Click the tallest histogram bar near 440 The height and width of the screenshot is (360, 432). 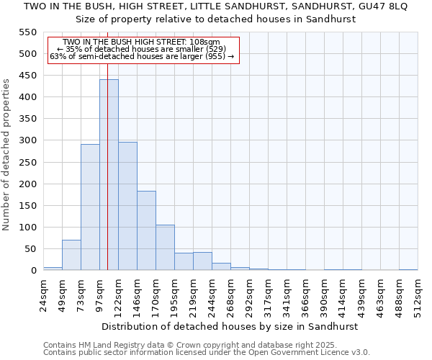[x=109, y=175]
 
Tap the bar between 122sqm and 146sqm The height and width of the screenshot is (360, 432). [x=127, y=206]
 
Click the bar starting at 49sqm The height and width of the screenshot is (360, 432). [x=71, y=255]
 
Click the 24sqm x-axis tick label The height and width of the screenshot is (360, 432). [x=43, y=294]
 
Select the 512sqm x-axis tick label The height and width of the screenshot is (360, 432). [x=418, y=294]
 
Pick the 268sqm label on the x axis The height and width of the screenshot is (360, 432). [x=230, y=294]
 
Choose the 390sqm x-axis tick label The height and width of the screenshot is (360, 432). [x=324, y=294]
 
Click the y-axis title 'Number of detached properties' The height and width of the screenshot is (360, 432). [x=7, y=155]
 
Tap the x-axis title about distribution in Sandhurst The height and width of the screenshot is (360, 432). [x=230, y=326]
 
